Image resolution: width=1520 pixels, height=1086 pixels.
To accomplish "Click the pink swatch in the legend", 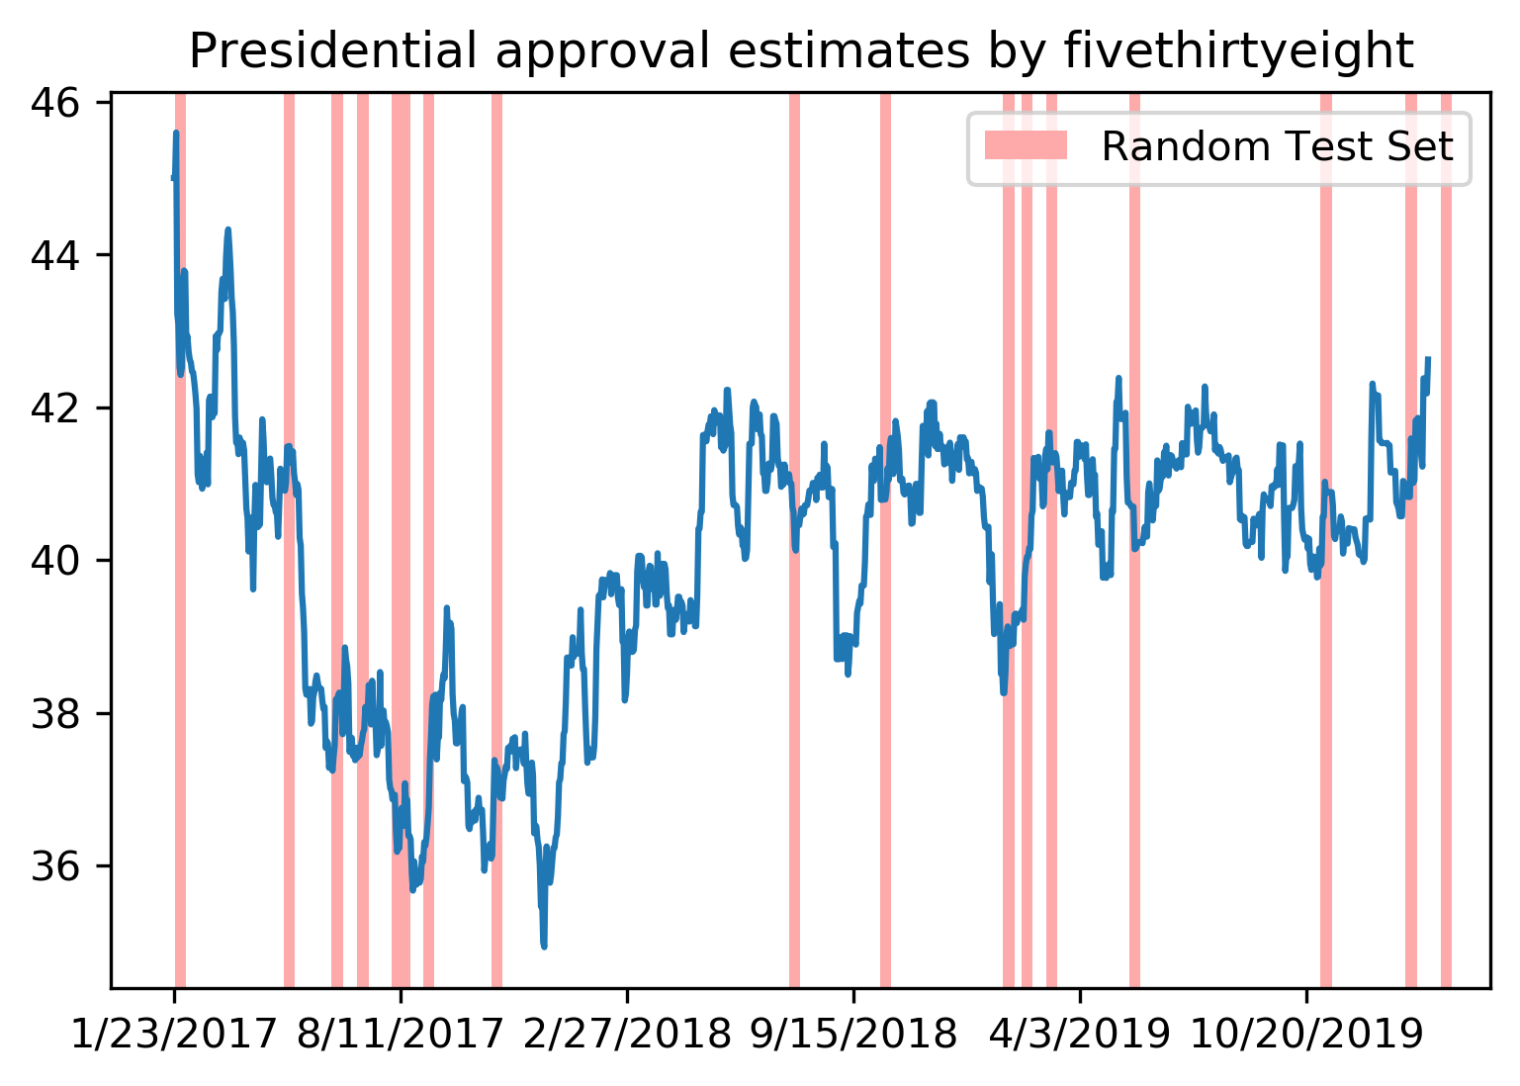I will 1027,146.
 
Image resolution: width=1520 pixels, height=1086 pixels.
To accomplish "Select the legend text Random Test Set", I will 1277,146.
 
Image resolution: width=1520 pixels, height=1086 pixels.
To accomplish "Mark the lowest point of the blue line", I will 544,947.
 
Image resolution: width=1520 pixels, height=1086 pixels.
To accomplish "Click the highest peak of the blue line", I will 176,133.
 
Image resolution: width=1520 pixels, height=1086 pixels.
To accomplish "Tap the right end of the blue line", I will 1427,359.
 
